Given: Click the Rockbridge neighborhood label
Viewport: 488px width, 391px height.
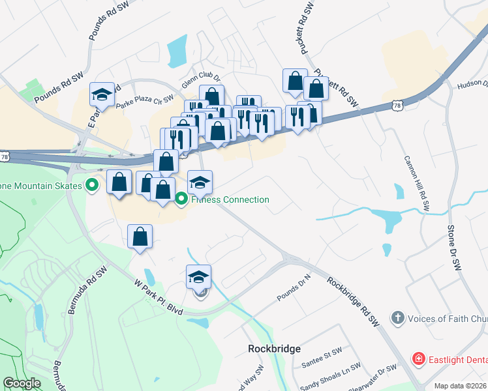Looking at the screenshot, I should [x=275, y=349].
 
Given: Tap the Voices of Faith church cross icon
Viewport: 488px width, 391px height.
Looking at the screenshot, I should [x=397, y=319].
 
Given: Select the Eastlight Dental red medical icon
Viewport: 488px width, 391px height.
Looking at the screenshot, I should [x=418, y=358].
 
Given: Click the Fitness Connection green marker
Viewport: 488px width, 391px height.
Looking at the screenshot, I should [x=182, y=199].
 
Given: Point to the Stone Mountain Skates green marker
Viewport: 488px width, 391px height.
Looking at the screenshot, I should [x=92, y=186].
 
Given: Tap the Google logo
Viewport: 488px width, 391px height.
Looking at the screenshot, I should [x=22, y=383].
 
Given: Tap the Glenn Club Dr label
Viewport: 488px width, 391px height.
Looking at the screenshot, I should [x=202, y=79].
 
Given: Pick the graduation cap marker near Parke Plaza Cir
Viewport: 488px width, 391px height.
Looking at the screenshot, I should [x=101, y=94].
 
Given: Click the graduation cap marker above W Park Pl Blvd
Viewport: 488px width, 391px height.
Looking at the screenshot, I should [x=199, y=276].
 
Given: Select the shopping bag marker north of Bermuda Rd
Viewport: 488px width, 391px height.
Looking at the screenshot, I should [x=140, y=236].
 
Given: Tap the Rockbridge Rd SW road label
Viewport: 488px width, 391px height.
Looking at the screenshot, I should [x=353, y=302].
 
